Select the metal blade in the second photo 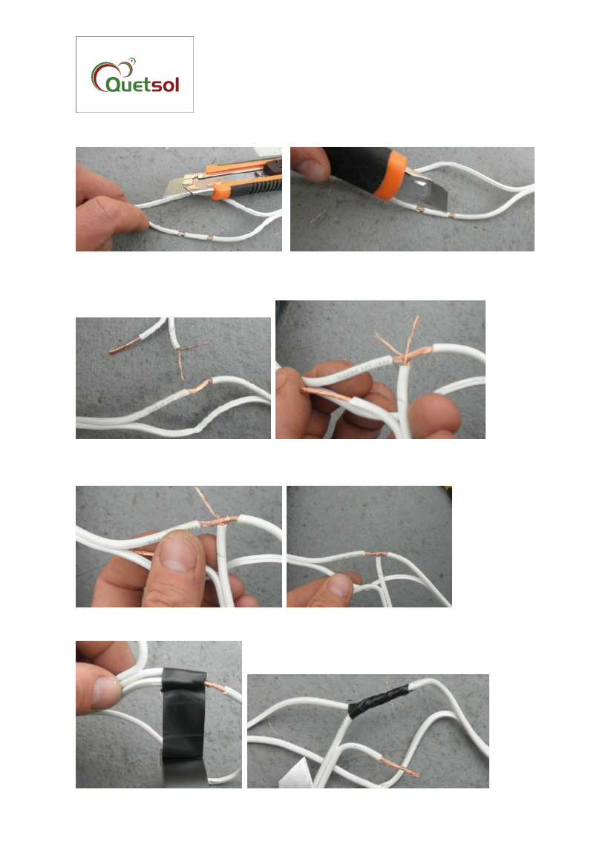pyautogui.click(x=430, y=195)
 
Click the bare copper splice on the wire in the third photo pyautogui.click(x=200, y=386)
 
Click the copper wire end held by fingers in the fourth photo pyautogui.click(x=321, y=395)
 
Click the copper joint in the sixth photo pyautogui.click(x=376, y=553)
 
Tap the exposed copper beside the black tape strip pyautogui.click(x=216, y=687)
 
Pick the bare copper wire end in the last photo pyautogui.click(x=399, y=768)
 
